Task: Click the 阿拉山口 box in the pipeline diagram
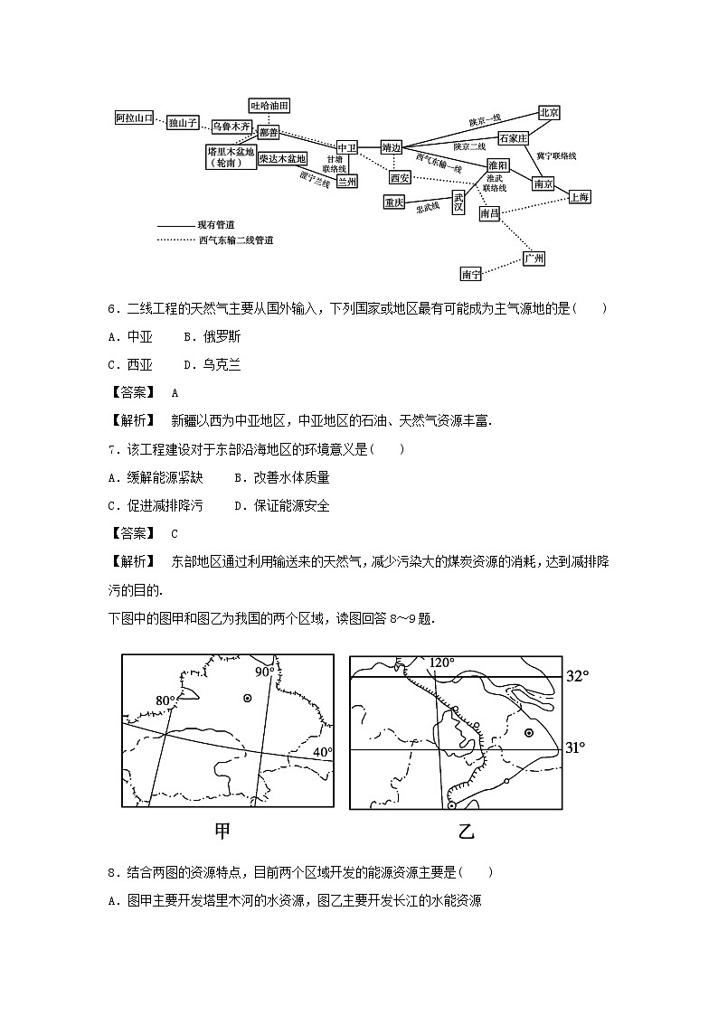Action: [x=135, y=118]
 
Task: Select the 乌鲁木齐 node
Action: [x=231, y=126]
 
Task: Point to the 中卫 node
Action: [x=347, y=147]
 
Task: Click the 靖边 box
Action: [x=392, y=146]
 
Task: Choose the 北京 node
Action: [x=549, y=112]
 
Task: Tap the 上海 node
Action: [x=579, y=196]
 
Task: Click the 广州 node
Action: [x=534, y=258]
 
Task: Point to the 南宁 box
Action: [x=471, y=274]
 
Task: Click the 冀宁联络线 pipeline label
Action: [x=556, y=155]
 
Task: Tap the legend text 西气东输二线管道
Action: [x=235, y=240]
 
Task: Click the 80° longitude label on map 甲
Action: [x=165, y=700]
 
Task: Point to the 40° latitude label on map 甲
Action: [x=323, y=752]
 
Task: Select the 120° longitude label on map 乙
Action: [x=442, y=663]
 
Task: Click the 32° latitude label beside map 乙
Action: [x=576, y=676]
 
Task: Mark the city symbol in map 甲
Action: [x=247, y=699]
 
